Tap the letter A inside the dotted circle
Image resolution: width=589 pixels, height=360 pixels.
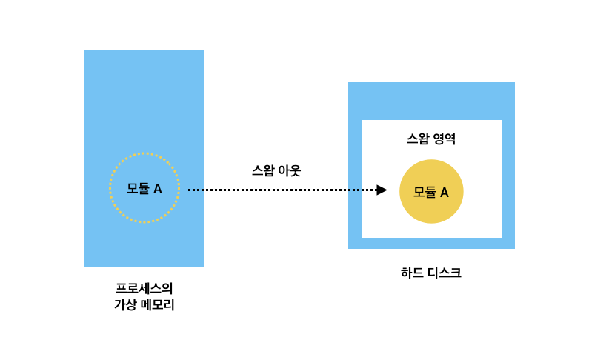coord(157,189)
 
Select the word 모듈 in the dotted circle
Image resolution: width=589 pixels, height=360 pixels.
coord(138,189)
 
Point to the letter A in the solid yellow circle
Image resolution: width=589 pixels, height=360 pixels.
coord(444,193)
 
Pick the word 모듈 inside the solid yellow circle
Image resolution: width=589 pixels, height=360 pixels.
coord(425,193)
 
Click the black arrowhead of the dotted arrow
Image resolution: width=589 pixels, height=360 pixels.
coord(382,190)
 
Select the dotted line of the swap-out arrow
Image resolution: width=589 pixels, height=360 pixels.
coord(282,190)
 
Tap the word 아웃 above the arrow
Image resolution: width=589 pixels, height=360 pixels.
coord(288,170)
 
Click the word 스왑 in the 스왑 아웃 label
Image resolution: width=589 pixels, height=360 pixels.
coord(263,170)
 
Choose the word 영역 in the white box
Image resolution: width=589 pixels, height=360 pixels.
coord(444,139)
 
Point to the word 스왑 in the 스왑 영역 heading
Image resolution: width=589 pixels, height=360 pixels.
coord(419,139)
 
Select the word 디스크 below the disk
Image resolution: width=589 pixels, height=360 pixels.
coord(444,273)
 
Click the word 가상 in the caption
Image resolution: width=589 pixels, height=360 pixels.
coord(125,304)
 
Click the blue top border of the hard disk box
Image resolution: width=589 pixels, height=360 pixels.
coord(431,101)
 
